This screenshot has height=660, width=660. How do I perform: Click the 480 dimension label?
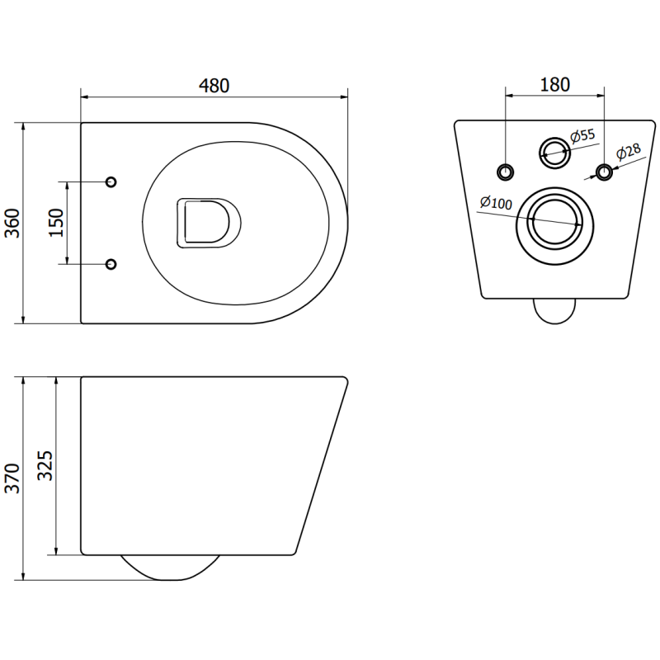(214, 85)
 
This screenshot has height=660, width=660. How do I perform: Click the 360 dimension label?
(12, 223)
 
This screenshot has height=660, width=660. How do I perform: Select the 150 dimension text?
(55, 223)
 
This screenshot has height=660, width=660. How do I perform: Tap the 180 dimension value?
(554, 84)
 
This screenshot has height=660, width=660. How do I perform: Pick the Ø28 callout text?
(629, 153)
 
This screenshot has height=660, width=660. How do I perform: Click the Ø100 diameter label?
(496, 202)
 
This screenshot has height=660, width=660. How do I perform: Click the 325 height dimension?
(45, 468)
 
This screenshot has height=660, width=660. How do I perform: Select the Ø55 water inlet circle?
(554, 149)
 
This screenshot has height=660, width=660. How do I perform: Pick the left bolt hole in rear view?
(505, 171)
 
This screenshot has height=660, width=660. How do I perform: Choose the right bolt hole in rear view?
(605, 171)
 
